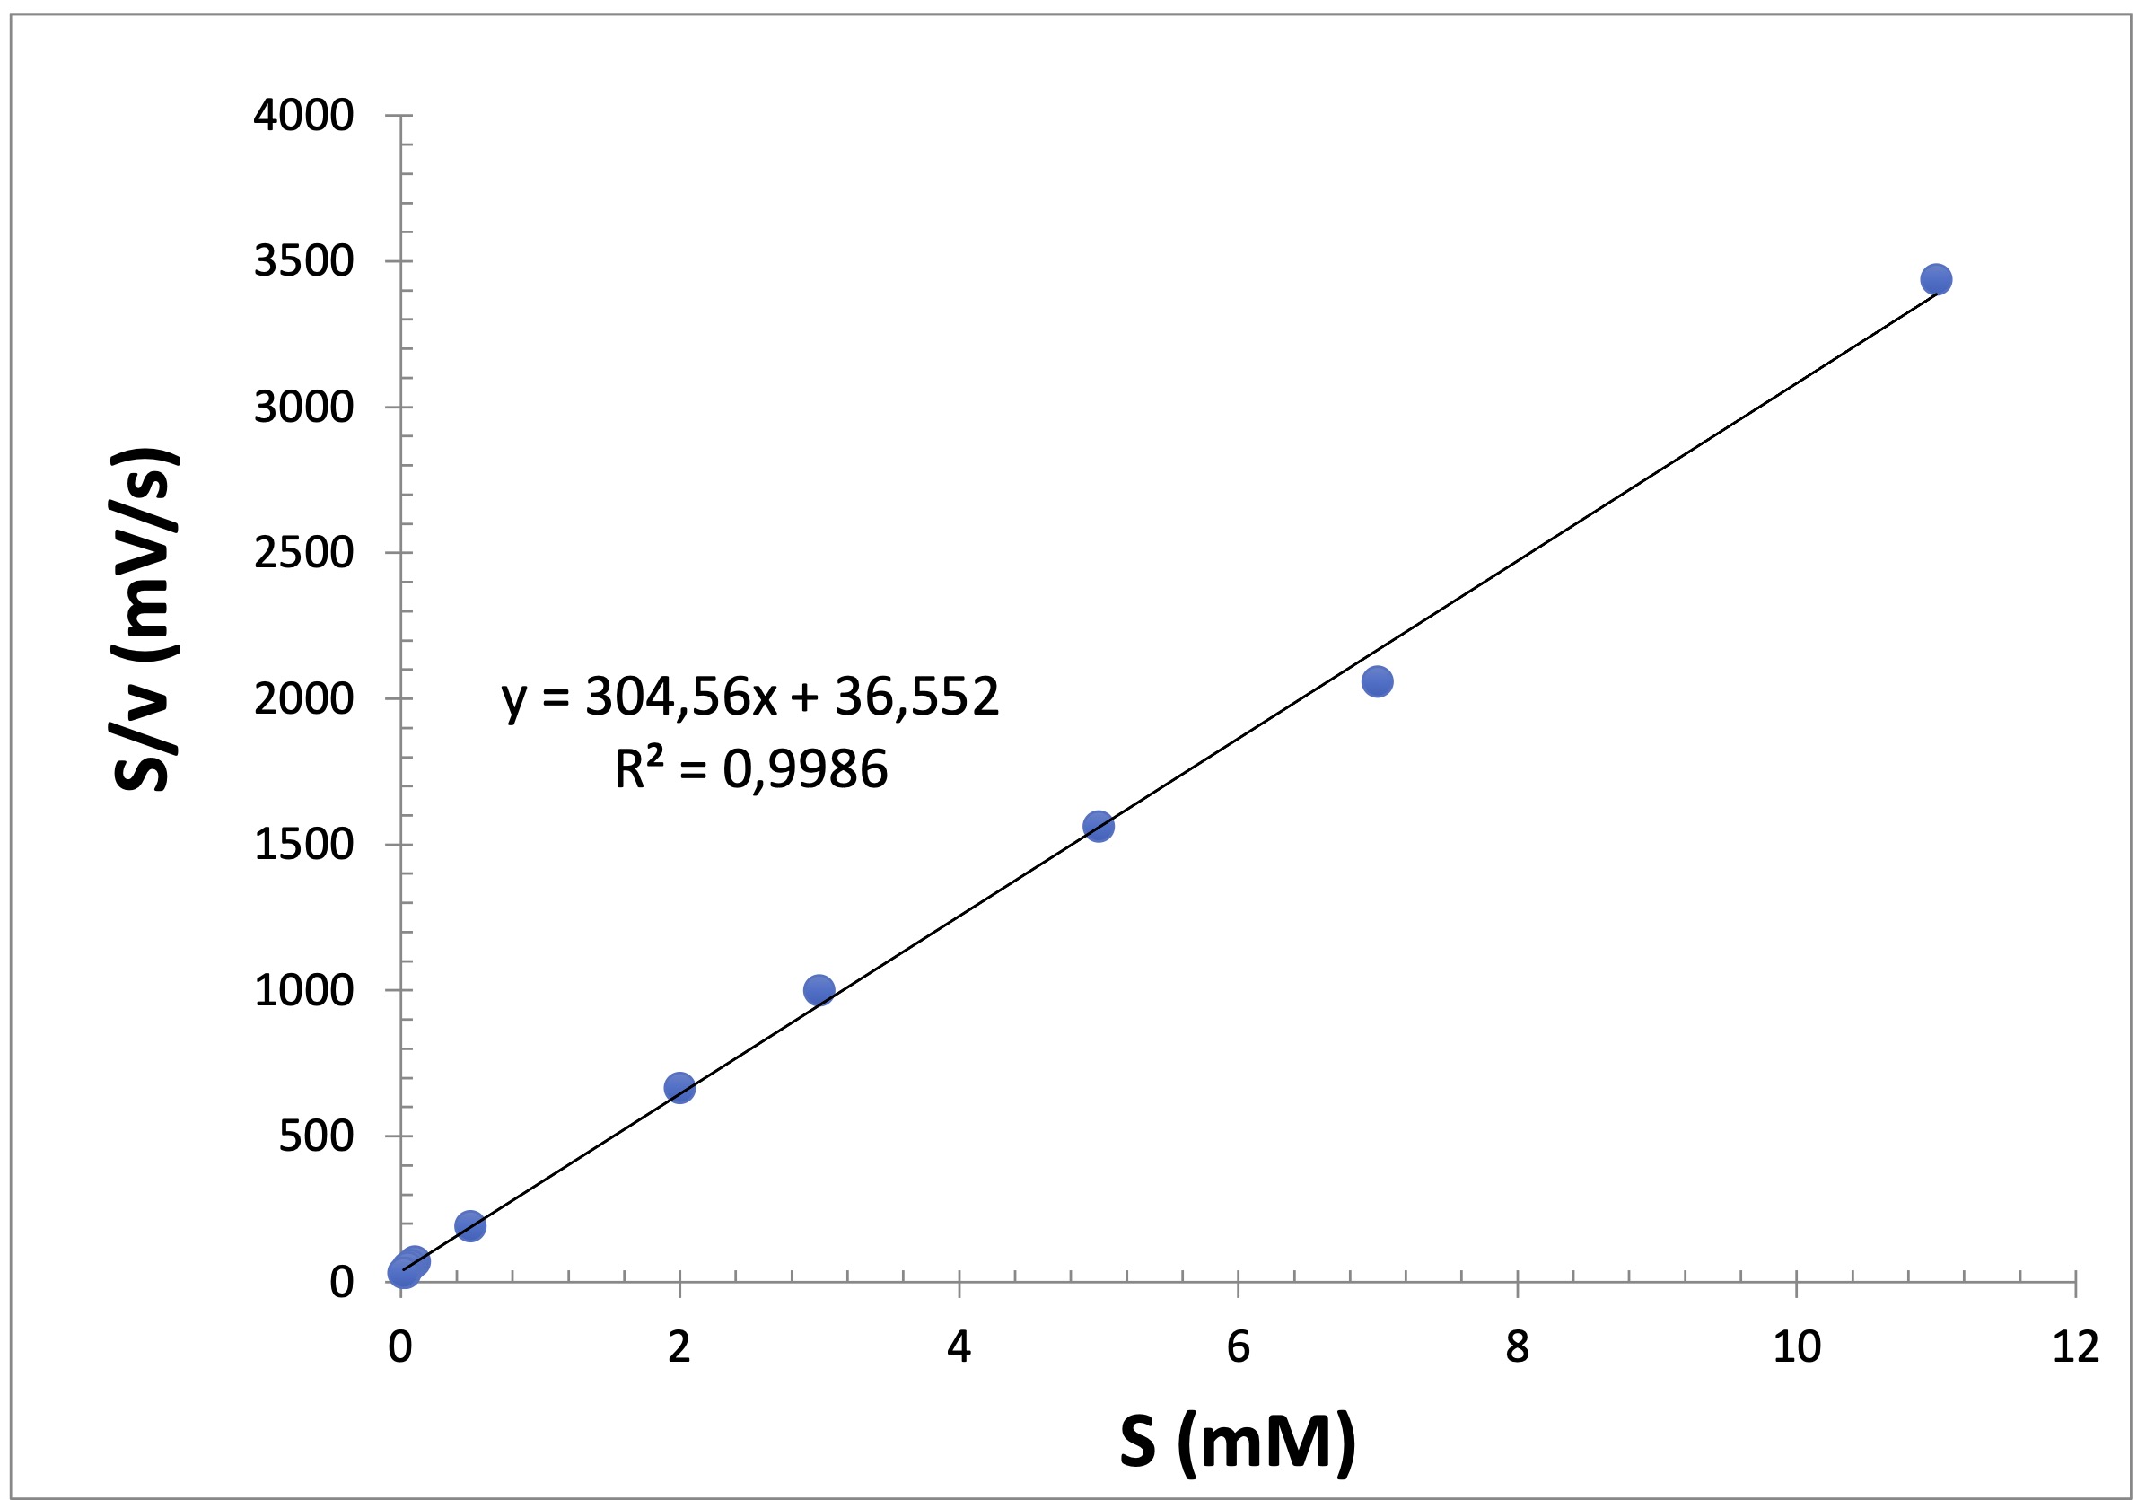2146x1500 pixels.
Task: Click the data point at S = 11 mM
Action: (1936, 278)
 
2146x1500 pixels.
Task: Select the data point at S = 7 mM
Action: (1377, 681)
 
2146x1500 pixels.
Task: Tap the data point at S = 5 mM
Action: (1099, 826)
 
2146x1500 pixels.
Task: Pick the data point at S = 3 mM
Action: (819, 990)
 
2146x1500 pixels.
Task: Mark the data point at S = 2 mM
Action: (679, 1088)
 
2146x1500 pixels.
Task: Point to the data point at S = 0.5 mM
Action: (470, 1226)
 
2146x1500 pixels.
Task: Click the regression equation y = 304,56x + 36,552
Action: (750, 697)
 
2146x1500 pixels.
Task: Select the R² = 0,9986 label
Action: (750, 770)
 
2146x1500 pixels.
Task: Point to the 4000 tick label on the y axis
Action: (303, 116)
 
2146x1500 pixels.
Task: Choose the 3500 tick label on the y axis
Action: (303, 262)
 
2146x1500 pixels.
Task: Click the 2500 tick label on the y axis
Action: (303, 553)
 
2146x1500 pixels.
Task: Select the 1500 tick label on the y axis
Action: (303, 845)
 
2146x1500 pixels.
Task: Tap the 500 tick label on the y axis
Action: (316, 1136)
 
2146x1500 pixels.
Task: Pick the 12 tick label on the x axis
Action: (2075, 1347)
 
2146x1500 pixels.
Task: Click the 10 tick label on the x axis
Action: (1797, 1347)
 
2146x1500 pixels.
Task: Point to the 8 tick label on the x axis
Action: (1517, 1347)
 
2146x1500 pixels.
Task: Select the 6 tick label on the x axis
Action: (1239, 1347)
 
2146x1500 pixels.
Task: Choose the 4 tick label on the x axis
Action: (959, 1347)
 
